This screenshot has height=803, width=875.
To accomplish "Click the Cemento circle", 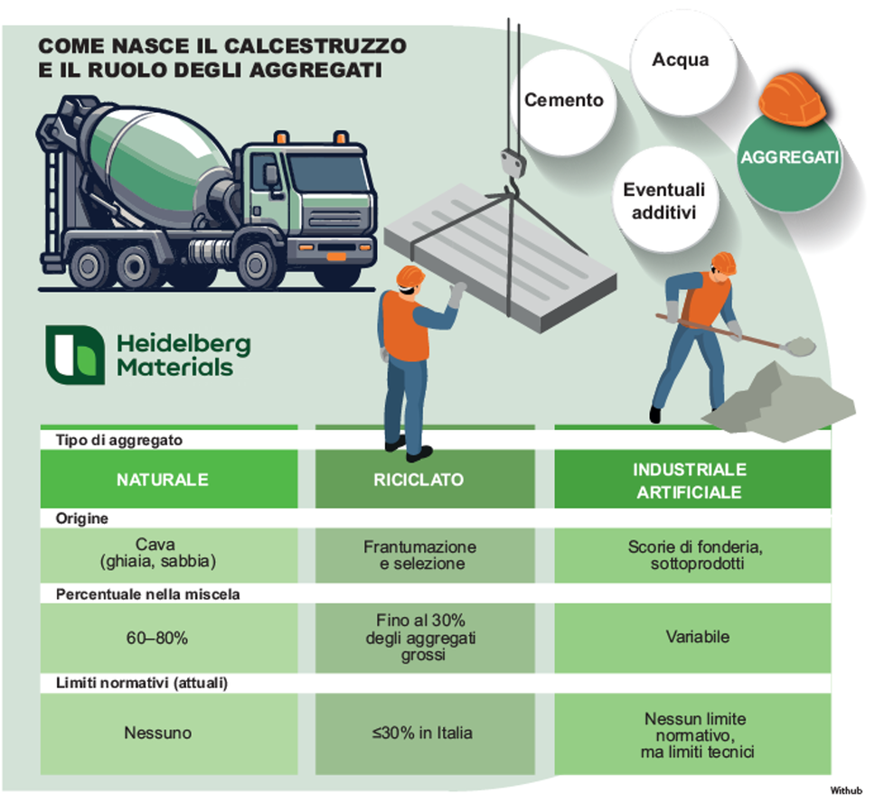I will tap(563, 99).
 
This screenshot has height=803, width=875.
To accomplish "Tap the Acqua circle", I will tap(680, 61).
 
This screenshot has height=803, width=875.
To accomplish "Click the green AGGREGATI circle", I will tap(789, 159).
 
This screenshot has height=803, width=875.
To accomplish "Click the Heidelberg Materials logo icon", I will tap(75, 354).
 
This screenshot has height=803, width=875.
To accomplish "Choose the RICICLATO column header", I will tap(419, 480).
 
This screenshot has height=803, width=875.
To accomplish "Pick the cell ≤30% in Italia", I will tap(419, 733).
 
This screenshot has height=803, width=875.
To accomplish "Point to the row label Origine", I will tap(82, 519).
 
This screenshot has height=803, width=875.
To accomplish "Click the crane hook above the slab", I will tap(512, 168).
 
